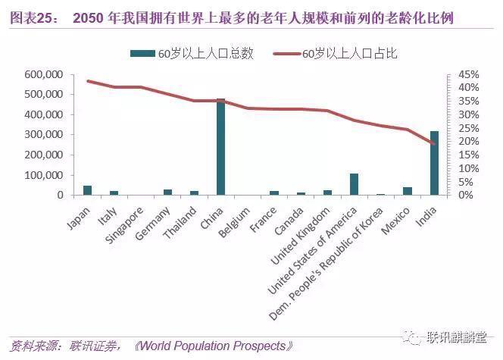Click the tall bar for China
pos(220,147)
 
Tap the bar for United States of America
pos(353,184)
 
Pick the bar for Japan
pos(87,190)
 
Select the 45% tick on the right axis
pos(468,75)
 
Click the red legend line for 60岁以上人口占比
pos(286,54)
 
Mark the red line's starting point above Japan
pos(88,80)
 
